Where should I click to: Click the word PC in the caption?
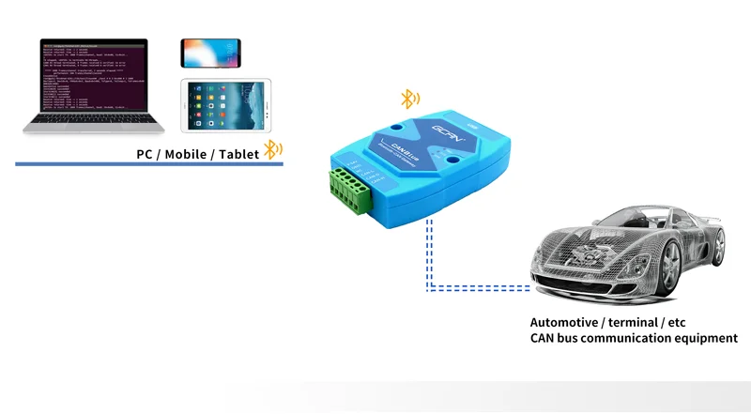(x=145, y=153)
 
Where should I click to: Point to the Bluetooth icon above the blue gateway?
(x=410, y=99)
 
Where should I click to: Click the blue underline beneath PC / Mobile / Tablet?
(x=150, y=165)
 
